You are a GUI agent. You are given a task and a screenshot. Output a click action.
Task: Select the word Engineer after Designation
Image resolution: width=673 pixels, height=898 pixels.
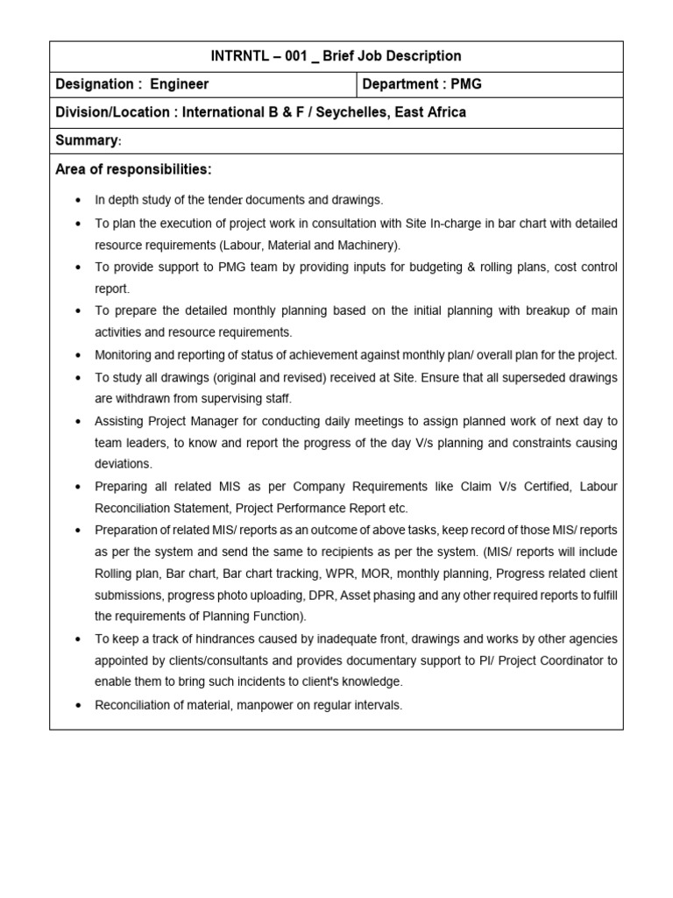pos(180,85)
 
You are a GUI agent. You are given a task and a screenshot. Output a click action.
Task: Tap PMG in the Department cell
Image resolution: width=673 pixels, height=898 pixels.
pos(466,85)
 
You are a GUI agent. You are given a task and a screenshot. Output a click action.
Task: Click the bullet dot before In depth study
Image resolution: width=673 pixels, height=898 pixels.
pos(79,201)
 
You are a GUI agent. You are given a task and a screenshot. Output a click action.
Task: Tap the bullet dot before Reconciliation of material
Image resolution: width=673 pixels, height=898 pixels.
pos(79,706)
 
